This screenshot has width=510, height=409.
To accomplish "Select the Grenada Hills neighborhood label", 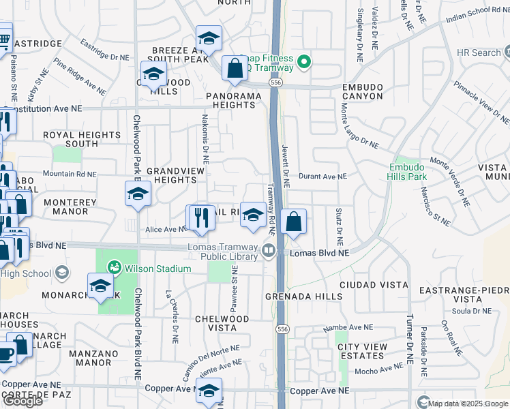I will point(304,297).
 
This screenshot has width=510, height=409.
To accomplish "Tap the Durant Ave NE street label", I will point(322,177).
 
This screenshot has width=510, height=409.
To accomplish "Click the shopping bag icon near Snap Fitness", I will point(235,69).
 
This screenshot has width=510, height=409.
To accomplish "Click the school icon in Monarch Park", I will point(100,286).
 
